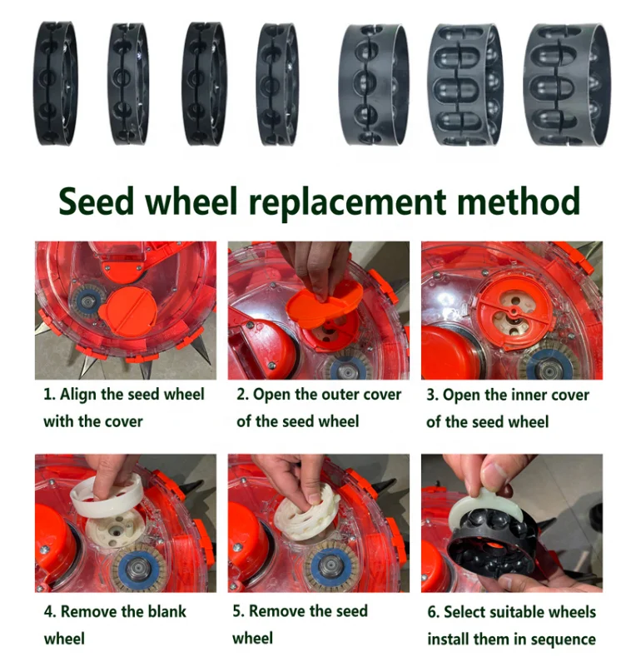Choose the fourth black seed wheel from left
[x=276, y=84]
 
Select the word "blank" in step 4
[x=163, y=612]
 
